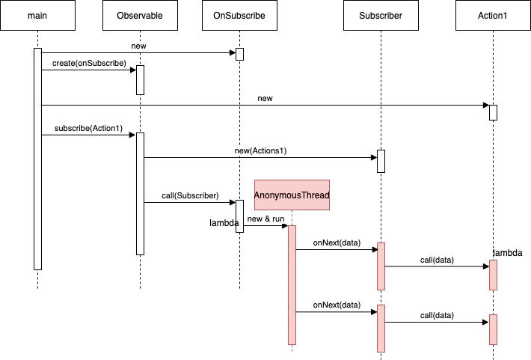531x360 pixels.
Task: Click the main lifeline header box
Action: pos(37,16)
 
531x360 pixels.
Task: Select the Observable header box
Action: pos(140,16)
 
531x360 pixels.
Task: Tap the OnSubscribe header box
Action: pos(239,16)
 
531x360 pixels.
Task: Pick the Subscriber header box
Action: pos(380,16)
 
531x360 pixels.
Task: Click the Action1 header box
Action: pos(493,16)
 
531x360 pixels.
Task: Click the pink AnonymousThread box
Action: pos(292,195)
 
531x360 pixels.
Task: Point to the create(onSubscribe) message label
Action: pos(89,64)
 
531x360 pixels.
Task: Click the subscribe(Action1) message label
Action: pos(88,129)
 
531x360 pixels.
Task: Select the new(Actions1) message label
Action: pos(260,150)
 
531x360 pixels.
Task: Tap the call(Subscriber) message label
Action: pos(189,195)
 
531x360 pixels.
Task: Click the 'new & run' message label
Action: pos(265,219)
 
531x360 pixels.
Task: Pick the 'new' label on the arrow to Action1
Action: pos(265,98)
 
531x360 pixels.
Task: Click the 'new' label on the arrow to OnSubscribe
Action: pos(138,46)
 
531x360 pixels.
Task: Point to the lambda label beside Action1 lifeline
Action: pos(507,253)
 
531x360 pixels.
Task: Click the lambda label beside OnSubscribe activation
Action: pos(224,223)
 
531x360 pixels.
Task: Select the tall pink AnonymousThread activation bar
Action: pos(292,284)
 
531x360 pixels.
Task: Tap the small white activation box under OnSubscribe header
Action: pos(239,54)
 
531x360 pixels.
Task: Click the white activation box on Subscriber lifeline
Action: pos(380,161)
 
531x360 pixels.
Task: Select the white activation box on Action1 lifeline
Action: pos(493,112)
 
